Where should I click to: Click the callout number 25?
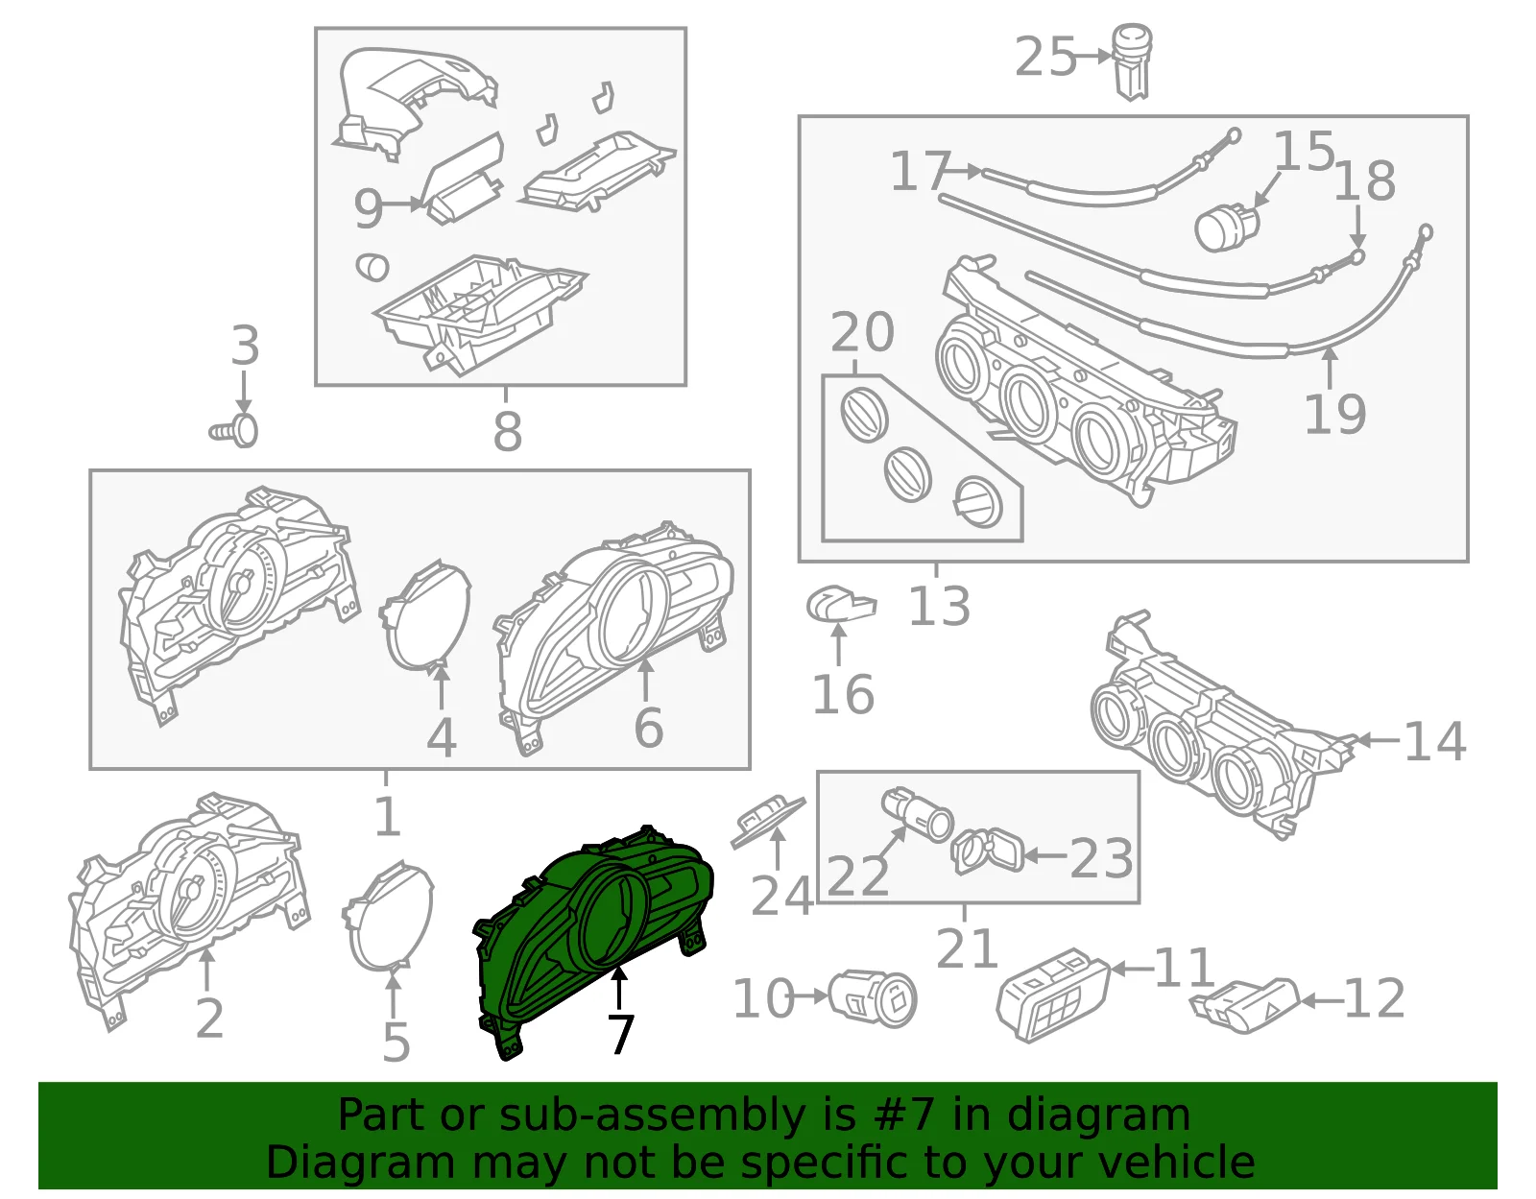click(1044, 58)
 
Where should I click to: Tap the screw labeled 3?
click(234, 430)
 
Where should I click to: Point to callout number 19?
click(1334, 414)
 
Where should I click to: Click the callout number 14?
click(1434, 741)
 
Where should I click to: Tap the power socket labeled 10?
click(873, 998)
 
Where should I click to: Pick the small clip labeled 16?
click(841, 607)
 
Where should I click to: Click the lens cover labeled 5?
click(388, 916)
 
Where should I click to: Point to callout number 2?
click(209, 1019)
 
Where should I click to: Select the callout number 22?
click(856, 876)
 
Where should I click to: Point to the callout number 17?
click(921, 171)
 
